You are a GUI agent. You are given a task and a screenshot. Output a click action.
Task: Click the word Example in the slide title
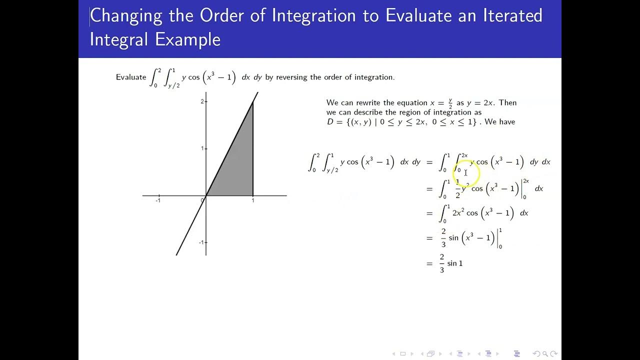click(189, 39)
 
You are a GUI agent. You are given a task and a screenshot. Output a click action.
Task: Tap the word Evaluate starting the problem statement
click(130, 77)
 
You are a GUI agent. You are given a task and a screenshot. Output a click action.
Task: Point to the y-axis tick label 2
click(202, 101)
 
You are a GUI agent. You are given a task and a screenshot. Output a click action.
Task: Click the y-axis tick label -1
click(201, 242)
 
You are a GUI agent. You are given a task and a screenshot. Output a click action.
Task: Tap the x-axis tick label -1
click(158, 201)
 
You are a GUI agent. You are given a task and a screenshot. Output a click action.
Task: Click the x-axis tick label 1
click(253, 201)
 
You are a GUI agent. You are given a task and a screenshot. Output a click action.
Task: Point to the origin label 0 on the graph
click(202, 200)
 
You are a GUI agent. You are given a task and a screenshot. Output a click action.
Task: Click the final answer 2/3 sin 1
click(451, 263)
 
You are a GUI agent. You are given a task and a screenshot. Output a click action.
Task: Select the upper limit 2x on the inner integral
click(464, 155)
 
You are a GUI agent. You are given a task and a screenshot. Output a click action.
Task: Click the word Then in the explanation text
click(507, 102)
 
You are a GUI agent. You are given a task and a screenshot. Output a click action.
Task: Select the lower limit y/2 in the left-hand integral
click(332, 170)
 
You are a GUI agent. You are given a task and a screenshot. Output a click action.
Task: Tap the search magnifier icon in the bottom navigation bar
click(545, 354)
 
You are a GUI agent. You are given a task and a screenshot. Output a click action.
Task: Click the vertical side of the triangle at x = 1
click(253, 150)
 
